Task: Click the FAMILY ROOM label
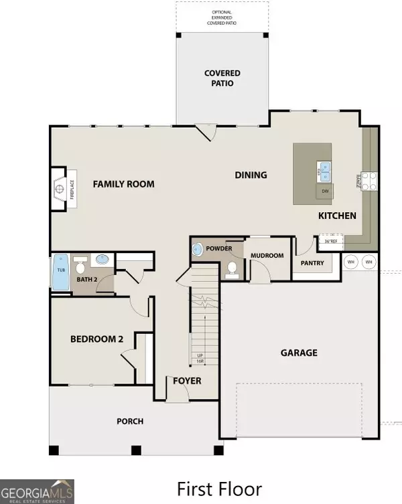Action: (123, 184)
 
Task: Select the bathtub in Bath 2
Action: (61, 274)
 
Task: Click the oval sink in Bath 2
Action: (103, 259)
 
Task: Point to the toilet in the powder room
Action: (232, 269)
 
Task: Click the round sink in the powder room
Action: (197, 250)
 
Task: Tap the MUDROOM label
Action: (267, 256)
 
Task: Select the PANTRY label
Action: (312, 263)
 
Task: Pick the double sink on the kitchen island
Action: (324, 172)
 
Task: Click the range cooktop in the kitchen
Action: (369, 181)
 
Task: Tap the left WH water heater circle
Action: (352, 262)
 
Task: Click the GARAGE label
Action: (299, 353)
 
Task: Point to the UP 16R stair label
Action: (199, 358)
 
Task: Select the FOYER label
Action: (188, 381)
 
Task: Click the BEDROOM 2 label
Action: (97, 339)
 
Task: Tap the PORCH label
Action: (130, 421)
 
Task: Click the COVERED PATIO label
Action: (222, 78)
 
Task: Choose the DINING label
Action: (251, 175)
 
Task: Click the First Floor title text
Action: (219, 489)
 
